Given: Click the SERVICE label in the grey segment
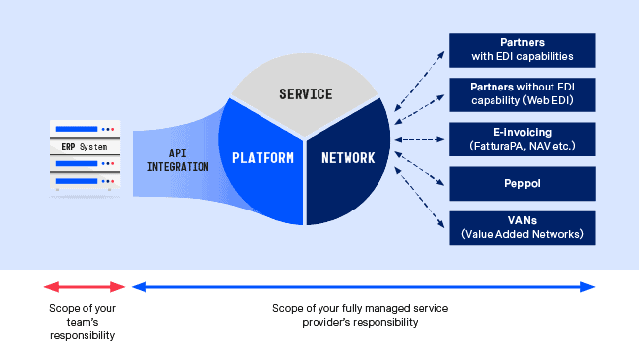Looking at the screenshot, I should coord(306,94).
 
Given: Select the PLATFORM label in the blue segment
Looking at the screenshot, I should coord(262,157).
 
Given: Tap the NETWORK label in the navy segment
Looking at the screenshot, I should coord(346,157).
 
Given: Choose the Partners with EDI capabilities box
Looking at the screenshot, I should coord(522,50).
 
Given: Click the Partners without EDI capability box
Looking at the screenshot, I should coord(522,94).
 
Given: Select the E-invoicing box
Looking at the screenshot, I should coord(522,139).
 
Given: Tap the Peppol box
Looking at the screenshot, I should coord(522,183).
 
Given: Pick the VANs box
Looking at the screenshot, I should coord(522,227).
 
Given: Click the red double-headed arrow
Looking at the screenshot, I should coord(85,287).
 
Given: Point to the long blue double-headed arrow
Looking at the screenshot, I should coord(364,287).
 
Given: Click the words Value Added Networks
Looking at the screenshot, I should coord(522,234).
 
